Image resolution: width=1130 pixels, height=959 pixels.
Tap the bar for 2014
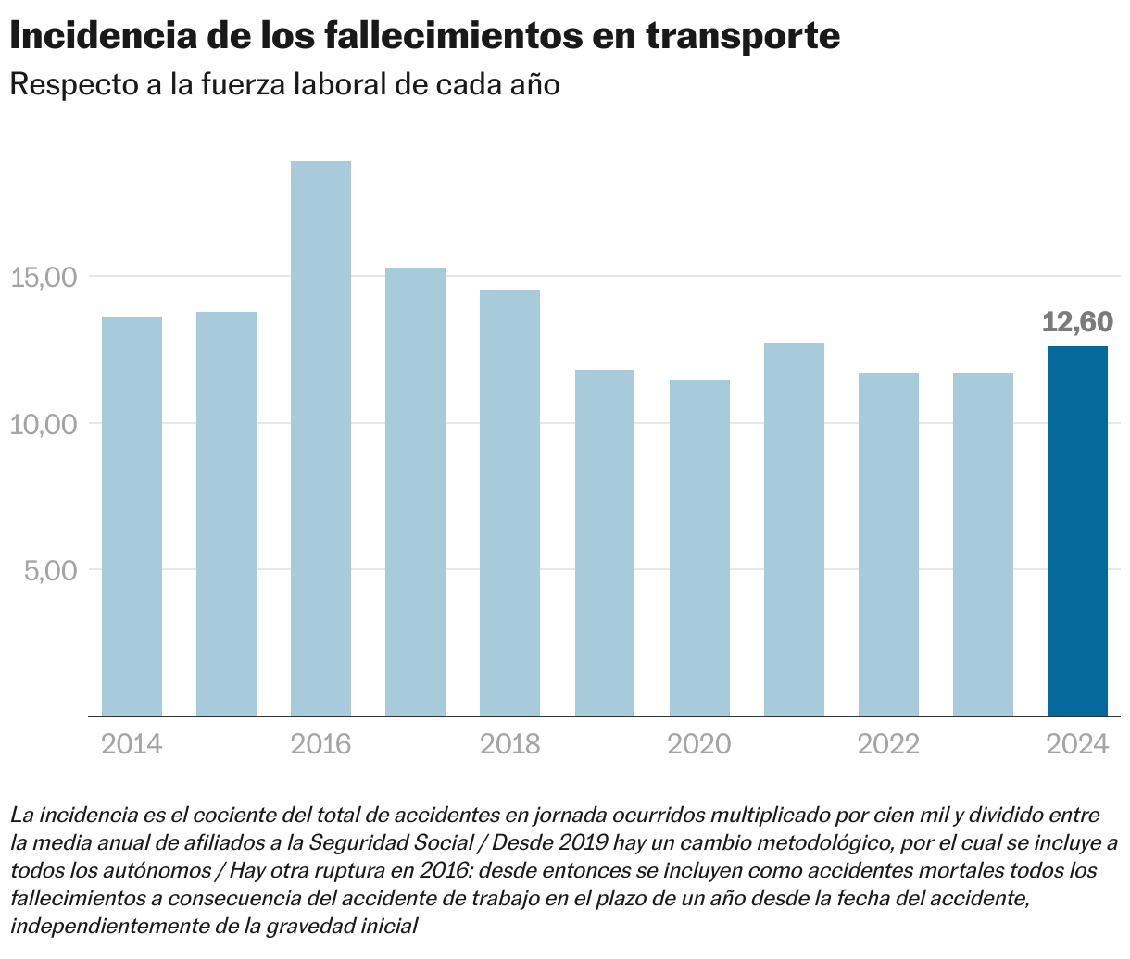tap(132, 516)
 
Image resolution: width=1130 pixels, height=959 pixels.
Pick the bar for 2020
tap(699, 548)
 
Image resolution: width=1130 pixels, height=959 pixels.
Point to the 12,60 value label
tap(1077, 322)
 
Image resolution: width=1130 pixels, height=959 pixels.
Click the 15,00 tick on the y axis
tap(44, 277)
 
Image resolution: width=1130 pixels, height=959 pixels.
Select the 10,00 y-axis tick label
tap(44, 424)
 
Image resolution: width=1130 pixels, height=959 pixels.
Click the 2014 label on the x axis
tap(132, 744)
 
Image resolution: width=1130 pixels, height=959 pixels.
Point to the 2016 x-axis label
tap(320, 744)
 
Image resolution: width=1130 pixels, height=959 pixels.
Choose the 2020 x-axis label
tap(699, 744)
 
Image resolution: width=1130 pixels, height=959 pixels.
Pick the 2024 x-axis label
tap(1077, 744)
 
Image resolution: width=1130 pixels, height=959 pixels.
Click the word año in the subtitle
tap(535, 85)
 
